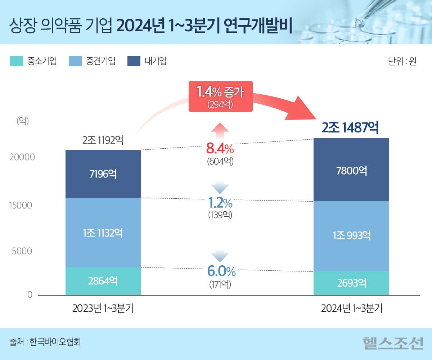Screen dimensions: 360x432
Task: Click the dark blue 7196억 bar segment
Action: point(103,174)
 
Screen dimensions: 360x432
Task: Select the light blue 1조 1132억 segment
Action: point(103,233)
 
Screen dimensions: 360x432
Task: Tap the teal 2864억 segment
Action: point(103,281)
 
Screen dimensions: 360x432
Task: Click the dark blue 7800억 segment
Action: point(351,170)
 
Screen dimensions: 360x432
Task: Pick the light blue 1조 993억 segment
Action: point(351,236)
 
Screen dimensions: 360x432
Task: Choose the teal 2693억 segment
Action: point(351,283)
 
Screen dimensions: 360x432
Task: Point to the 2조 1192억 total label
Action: point(103,140)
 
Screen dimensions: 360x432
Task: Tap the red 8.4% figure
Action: point(220,148)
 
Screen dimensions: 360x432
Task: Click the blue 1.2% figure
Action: point(220,203)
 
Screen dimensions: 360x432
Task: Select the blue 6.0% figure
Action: point(221,271)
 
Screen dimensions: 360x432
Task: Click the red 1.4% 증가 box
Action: point(220,96)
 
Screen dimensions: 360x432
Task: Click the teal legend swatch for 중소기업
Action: point(17,61)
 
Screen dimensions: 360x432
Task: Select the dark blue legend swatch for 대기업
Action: point(134,61)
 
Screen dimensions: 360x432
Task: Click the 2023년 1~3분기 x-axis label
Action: point(103,309)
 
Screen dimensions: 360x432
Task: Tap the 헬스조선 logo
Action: point(393,343)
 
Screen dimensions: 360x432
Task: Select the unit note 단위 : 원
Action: point(402,61)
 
